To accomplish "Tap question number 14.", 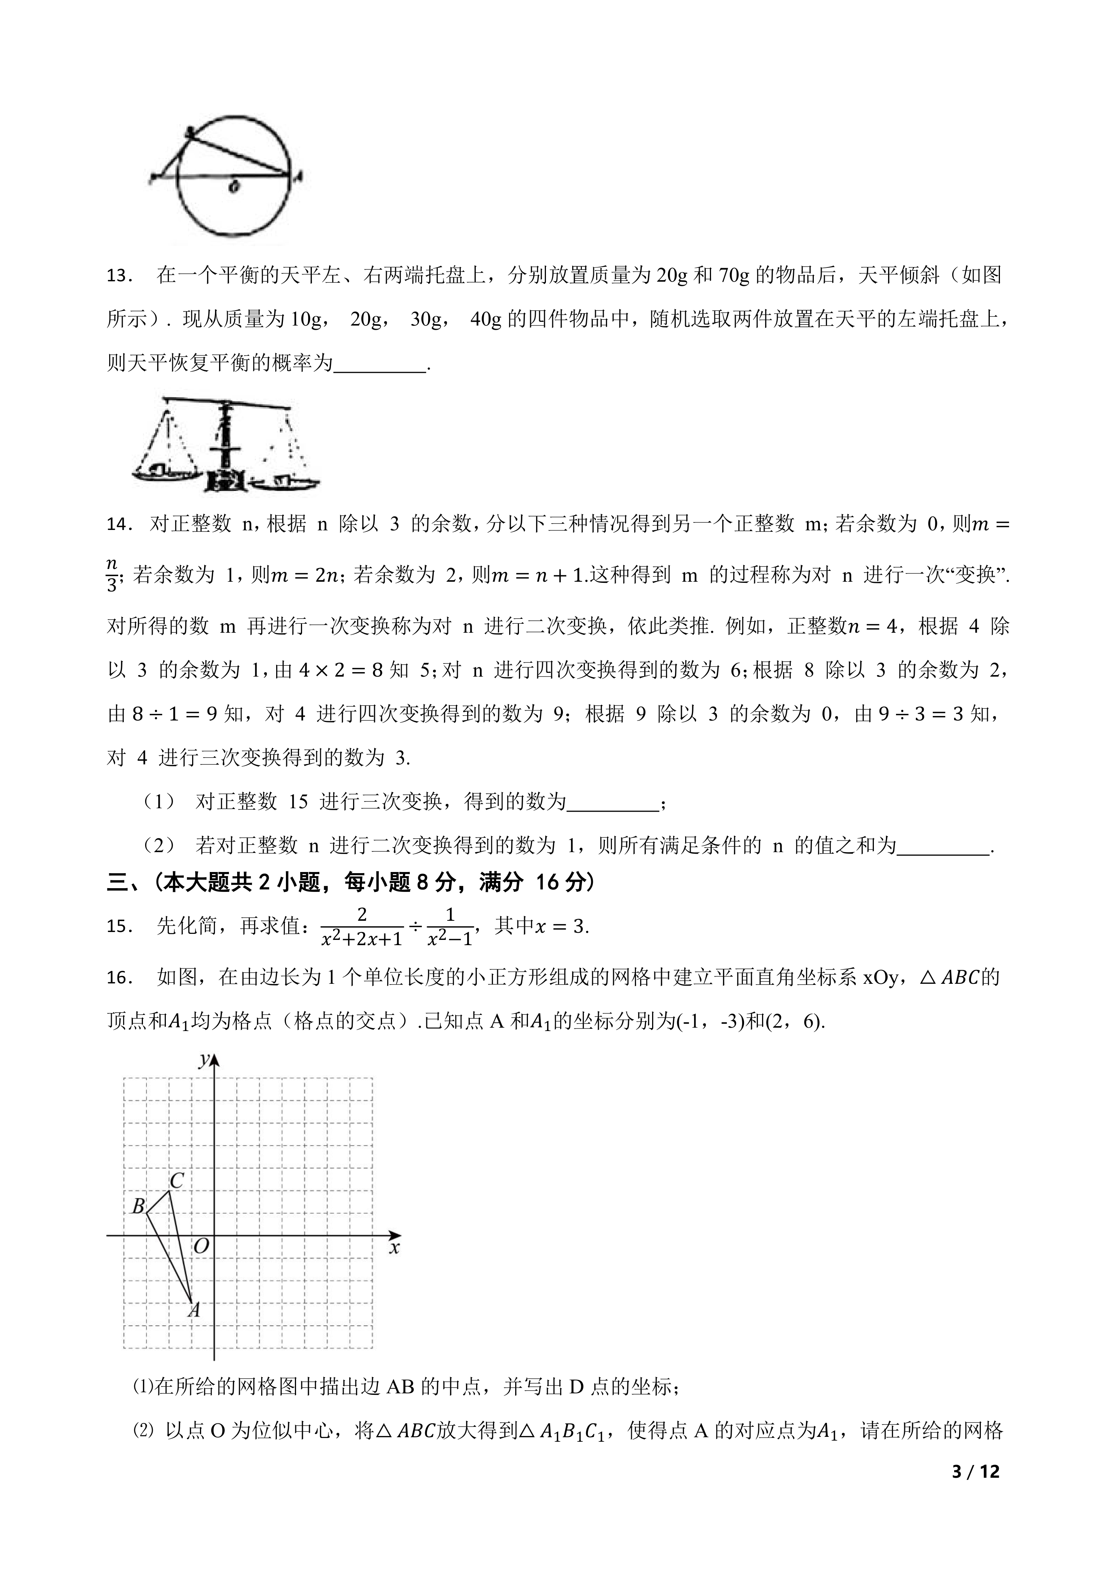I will click(119, 525).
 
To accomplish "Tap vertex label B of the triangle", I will click(138, 1206).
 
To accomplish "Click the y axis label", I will click(204, 1060).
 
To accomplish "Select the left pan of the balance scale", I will click(165, 473).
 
